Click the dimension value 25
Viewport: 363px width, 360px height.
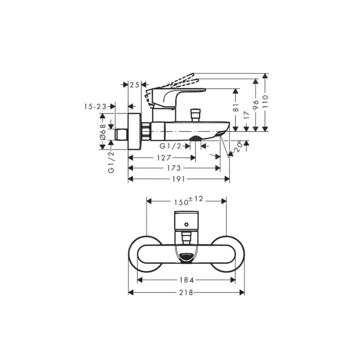[135, 85]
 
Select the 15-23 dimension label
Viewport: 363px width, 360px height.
[95, 107]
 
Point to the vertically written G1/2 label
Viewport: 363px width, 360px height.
[111, 162]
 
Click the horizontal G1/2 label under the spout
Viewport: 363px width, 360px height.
[170, 146]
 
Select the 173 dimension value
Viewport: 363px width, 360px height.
[175, 168]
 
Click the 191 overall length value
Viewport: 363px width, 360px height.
[179, 179]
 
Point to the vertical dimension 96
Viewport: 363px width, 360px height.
[256, 105]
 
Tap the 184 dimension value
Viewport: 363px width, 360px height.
[187, 280]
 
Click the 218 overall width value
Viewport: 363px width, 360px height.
[187, 292]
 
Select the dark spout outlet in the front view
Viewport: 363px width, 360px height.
[187, 256]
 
